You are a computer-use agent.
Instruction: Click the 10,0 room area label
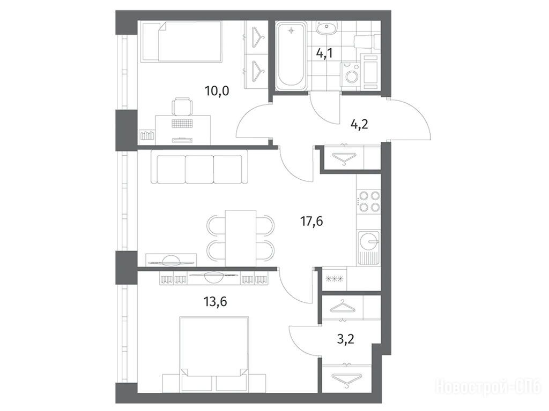tap(217, 91)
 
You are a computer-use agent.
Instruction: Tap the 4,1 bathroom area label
tap(324, 54)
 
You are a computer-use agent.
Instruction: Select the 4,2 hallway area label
tap(359, 124)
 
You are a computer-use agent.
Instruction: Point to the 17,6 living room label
tap(311, 221)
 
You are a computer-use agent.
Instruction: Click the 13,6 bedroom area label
tap(216, 301)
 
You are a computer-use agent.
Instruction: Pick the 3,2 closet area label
tap(346, 339)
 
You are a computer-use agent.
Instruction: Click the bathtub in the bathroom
tap(291, 55)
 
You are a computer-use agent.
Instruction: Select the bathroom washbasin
tap(327, 28)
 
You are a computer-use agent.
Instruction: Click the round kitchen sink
tap(368, 241)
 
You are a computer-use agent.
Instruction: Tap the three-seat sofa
tap(199, 167)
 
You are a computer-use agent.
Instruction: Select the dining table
tap(241, 238)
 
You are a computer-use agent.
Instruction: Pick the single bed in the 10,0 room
tap(182, 42)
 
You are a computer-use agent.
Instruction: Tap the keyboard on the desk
tap(182, 123)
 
